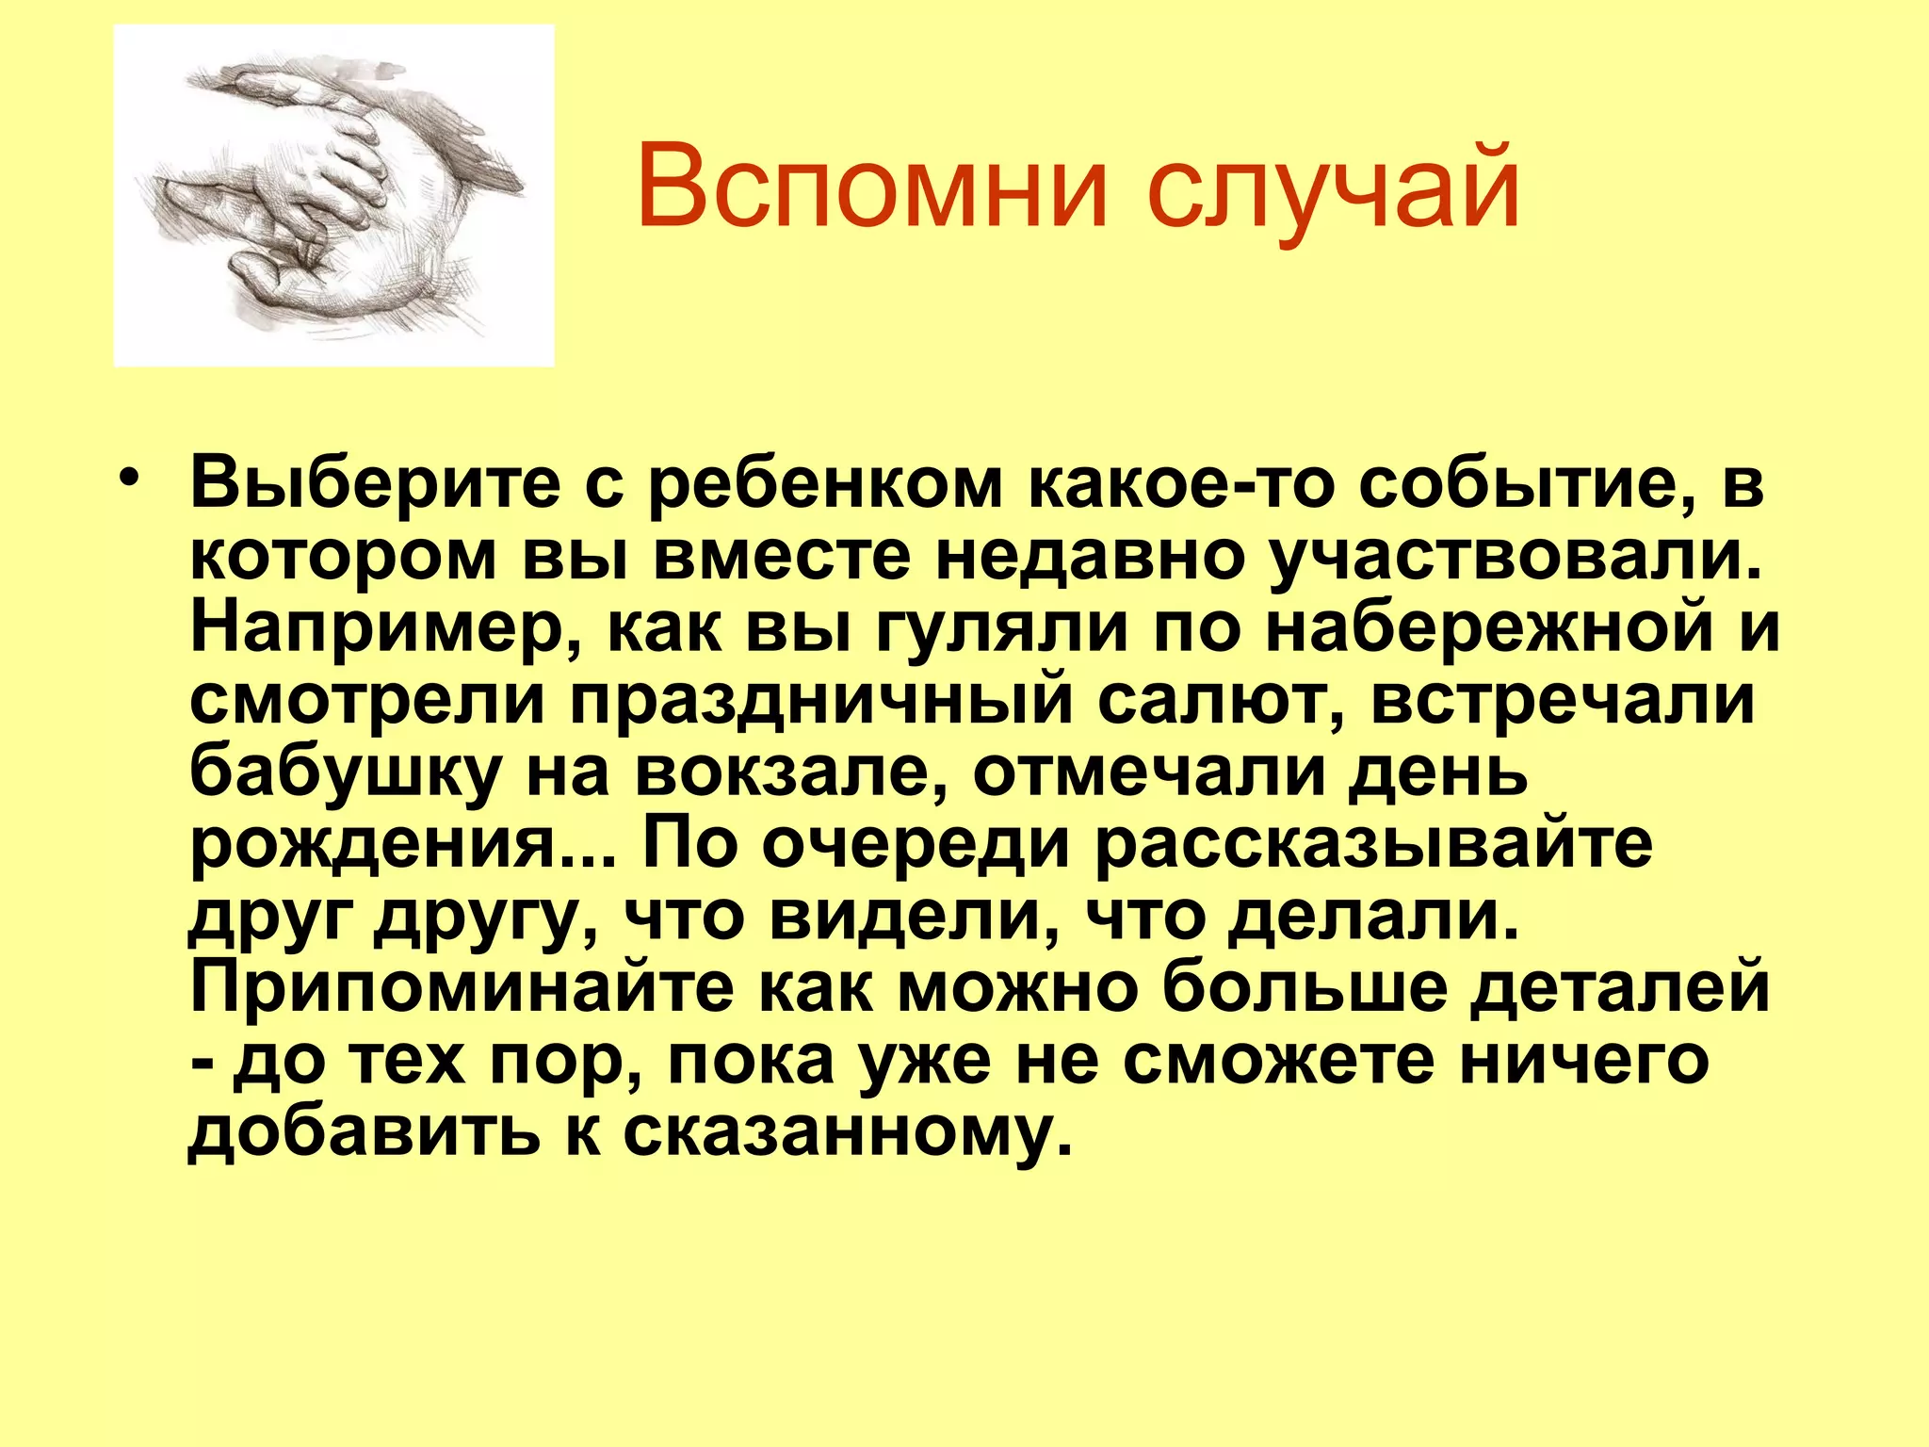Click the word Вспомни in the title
point(871,186)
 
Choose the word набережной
point(1488,629)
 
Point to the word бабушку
point(345,774)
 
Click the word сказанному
point(848,1132)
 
